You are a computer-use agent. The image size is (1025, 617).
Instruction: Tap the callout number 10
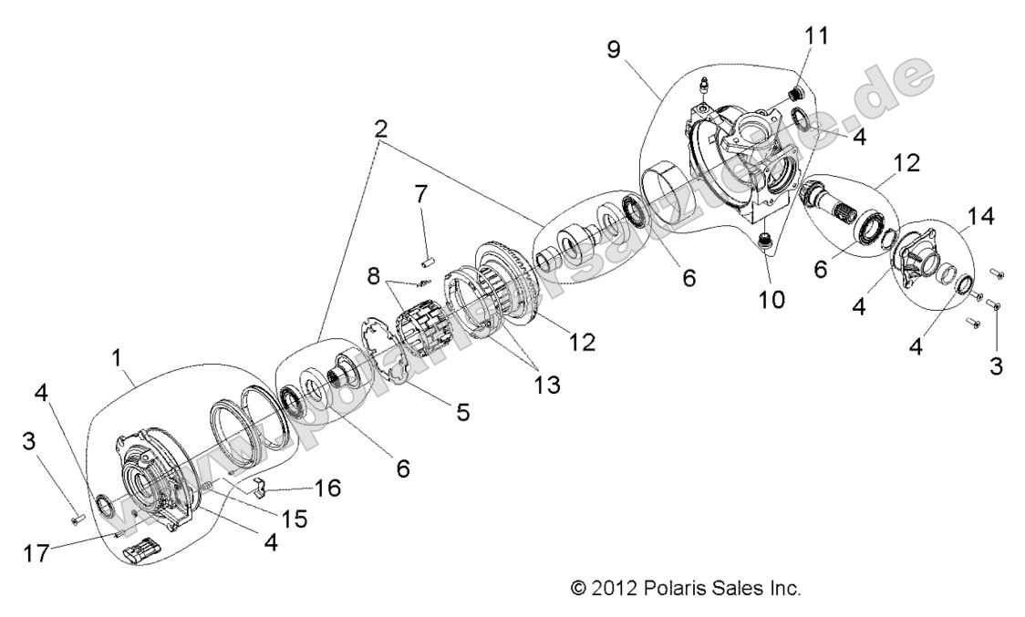point(771,300)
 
